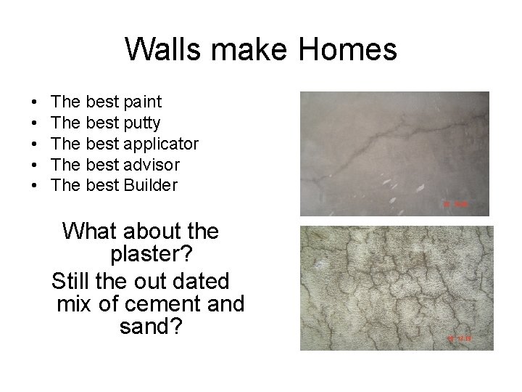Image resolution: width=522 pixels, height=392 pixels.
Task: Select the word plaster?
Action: click(x=150, y=256)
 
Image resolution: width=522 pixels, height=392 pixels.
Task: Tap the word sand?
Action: click(x=150, y=327)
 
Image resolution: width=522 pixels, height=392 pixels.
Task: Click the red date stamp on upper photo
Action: click(x=458, y=205)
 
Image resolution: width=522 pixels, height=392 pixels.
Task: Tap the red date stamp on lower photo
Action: click(x=460, y=338)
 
